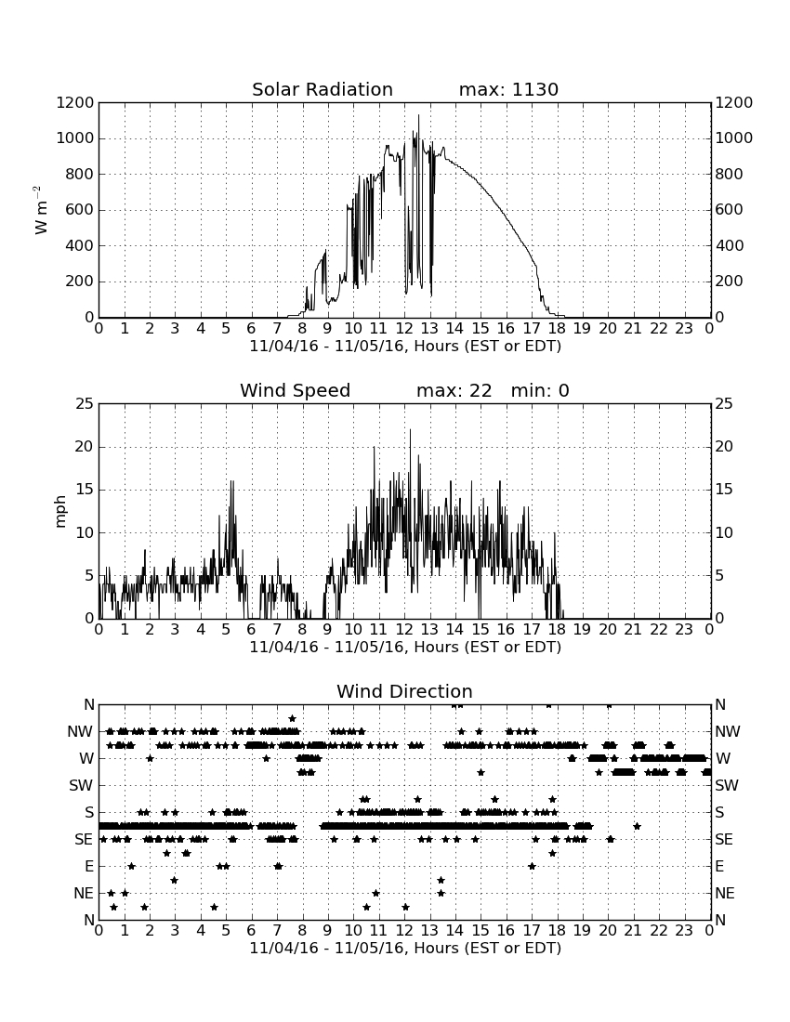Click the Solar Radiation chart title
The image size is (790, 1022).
click(x=323, y=89)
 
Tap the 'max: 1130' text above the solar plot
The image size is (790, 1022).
click(x=508, y=89)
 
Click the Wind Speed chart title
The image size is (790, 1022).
click(x=296, y=390)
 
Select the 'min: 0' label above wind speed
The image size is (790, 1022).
click(x=540, y=390)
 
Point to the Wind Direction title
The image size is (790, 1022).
click(x=404, y=691)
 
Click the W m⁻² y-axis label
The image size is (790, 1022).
click(x=40, y=210)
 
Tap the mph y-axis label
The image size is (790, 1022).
click(x=60, y=511)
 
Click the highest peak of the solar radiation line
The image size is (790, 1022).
click(x=418, y=115)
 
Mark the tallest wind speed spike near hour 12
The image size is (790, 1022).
click(x=410, y=429)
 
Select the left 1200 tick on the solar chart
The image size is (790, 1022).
click(x=75, y=102)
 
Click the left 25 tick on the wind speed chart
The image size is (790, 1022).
click(x=85, y=404)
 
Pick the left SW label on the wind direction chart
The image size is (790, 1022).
click(x=81, y=785)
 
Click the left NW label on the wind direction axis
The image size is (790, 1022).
click(x=80, y=731)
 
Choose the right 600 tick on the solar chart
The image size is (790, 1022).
click(x=729, y=210)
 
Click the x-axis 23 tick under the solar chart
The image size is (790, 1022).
click(x=684, y=328)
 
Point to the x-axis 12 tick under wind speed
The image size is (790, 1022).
click(x=404, y=629)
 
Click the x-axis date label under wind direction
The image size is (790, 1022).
click(x=405, y=948)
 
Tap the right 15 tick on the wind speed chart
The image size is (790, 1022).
click(x=724, y=490)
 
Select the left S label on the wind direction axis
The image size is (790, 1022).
click(x=89, y=812)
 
